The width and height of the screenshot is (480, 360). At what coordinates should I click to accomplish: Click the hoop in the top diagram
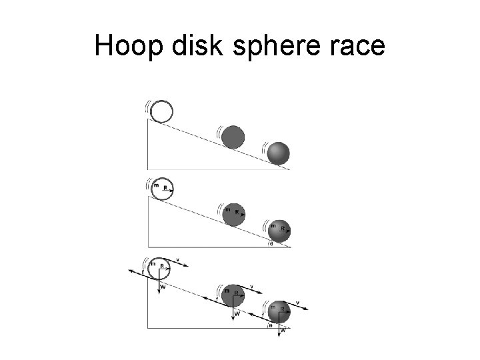coord(161,111)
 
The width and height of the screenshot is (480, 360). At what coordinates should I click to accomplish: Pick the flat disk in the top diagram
coord(233,137)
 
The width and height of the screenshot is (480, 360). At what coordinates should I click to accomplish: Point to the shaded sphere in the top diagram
coord(278,153)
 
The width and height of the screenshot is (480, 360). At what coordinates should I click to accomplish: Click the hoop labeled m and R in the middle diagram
coord(161,189)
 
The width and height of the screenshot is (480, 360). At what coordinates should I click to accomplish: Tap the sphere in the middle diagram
coord(279,231)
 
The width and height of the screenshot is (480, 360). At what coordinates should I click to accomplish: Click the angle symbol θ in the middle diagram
coord(271,244)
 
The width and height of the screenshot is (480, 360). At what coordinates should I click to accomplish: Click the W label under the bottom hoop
coord(164,287)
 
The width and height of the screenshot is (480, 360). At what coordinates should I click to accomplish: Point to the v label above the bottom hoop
coord(179,257)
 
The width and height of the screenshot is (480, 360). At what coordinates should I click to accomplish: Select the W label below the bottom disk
coord(237,313)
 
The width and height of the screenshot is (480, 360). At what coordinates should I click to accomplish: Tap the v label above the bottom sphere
coord(297,303)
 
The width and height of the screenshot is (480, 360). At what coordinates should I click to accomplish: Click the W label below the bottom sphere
coord(283,329)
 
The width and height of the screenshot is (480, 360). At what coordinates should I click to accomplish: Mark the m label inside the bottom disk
coord(227,290)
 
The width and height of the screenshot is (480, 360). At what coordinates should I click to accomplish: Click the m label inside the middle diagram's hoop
coord(155,185)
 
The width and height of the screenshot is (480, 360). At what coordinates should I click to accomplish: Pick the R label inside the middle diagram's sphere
coord(283,229)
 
